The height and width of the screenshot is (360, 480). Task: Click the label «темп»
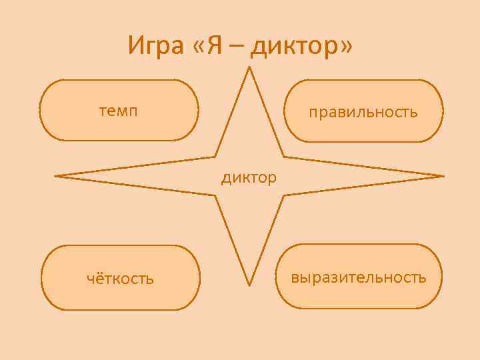tap(119, 111)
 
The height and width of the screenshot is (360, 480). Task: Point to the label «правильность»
tap(363, 111)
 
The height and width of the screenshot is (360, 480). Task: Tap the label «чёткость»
tap(120, 278)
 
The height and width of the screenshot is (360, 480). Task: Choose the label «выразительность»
tap(359, 277)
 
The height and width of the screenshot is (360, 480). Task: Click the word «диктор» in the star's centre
tap(249, 178)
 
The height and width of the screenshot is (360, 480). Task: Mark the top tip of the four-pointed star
tap(249, 67)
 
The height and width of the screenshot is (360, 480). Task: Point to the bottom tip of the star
tap(249, 285)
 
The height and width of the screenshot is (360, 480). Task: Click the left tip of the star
tap(56, 176)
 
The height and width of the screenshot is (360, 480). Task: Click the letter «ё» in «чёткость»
tap(99, 277)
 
